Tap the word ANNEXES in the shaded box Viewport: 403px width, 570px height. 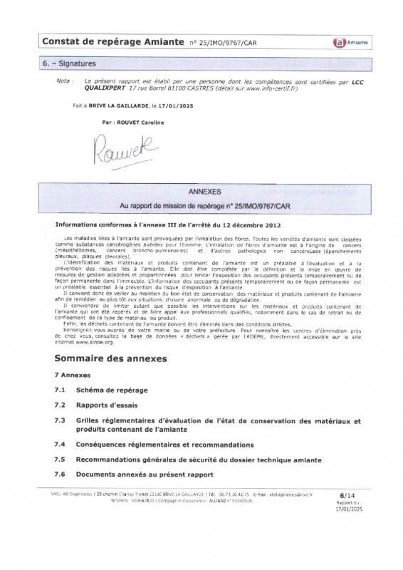[205, 192]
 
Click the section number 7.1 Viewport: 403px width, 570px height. [60, 390]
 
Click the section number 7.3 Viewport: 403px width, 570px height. [60, 421]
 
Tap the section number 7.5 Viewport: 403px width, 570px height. [60, 460]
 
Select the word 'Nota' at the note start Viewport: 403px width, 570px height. [63, 83]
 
